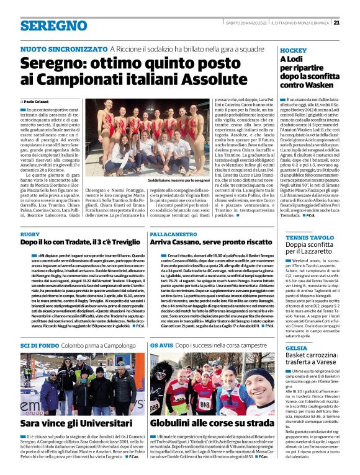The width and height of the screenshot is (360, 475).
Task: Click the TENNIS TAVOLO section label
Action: pos(307,237)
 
